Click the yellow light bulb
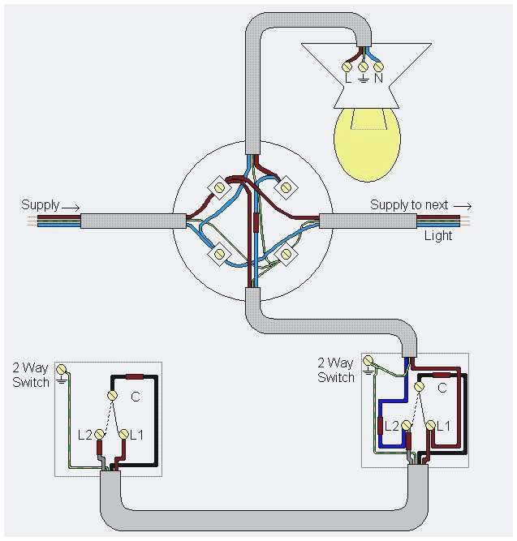click(x=367, y=144)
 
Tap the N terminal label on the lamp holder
click(x=378, y=79)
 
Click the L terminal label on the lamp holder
click(x=347, y=79)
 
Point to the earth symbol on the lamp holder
click(x=363, y=79)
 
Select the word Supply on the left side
click(x=40, y=205)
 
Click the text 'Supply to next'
click(x=409, y=205)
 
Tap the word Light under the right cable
click(x=438, y=235)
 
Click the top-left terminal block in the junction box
click(x=219, y=187)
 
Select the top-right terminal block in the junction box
click(x=285, y=187)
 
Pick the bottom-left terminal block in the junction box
click(x=219, y=255)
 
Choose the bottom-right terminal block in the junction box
click(x=286, y=255)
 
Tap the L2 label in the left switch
click(x=85, y=436)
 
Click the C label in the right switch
click(x=442, y=389)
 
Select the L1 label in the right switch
click(x=444, y=426)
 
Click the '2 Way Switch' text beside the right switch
click(x=335, y=370)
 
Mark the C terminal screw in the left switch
click(x=114, y=395)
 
